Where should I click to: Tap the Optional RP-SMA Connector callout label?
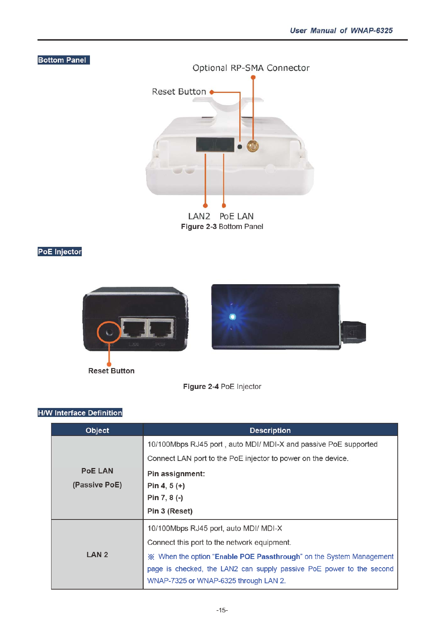click(251, 68)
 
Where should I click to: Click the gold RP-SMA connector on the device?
click(253, 146)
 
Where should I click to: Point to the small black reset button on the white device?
click(240, 147)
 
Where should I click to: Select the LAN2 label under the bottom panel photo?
click(199, 216)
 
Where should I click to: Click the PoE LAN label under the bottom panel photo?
click(237, 216)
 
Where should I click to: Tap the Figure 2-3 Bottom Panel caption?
click(222, 227)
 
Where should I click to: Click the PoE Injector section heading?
click(60, 252)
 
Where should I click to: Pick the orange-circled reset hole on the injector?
click(109, 332)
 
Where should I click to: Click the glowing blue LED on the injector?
click(232, 317)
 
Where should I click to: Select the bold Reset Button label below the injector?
click(111, 371)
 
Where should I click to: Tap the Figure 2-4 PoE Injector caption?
click(222, 387)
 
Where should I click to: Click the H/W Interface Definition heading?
click(80, 413)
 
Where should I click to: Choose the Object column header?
click(97, 430)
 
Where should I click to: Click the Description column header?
click(270, 430)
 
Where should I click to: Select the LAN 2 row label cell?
click(97, 555)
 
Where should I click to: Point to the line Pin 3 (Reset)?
click(170, 511)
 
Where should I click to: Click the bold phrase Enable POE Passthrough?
click(257, 557)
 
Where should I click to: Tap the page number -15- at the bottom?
click(222, 610)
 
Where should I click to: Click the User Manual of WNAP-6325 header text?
click(341, 31)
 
